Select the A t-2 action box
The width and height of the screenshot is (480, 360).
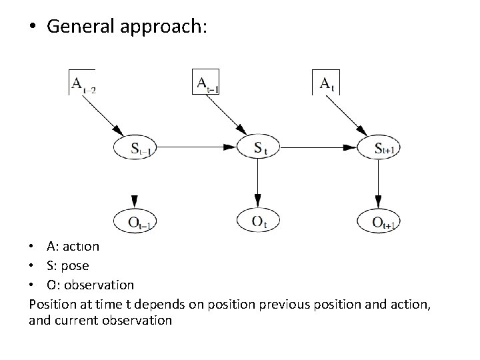pos(82,83)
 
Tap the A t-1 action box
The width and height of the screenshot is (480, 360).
pos(205,82)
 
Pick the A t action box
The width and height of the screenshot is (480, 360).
pos(327,82)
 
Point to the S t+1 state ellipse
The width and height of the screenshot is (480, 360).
pos(379,147)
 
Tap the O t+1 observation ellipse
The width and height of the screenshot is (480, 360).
pos(379,220)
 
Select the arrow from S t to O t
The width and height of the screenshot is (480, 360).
pos(258,183)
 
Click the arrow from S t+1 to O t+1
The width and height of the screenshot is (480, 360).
pos(379,183)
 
